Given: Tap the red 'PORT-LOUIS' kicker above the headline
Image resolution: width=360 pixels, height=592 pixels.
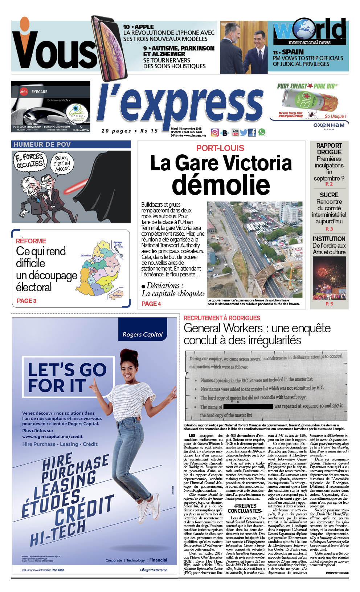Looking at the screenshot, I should pos(220,148).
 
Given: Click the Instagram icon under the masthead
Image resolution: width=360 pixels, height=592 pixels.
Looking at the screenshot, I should pos(215,133).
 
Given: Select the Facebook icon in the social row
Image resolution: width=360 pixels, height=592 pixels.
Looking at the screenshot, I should pos(252,133).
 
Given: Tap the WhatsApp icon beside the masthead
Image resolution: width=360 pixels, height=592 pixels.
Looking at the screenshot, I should pos(261,132).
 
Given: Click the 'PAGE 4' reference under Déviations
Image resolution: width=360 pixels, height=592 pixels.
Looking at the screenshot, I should pos(151,304).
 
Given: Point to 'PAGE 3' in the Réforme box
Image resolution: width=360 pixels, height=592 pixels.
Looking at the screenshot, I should pos(26,301).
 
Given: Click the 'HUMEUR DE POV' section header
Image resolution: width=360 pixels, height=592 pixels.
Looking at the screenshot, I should pos(42,145).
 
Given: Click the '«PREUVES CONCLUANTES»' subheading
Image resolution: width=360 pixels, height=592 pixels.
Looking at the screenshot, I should pos(245,508).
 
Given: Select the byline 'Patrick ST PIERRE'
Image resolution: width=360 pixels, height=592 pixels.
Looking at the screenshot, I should pos(337,573).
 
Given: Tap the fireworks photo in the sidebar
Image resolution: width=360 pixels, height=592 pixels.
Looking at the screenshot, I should pos(329,278).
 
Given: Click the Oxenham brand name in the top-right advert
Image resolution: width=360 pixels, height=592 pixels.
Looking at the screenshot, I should pos(329,125).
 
